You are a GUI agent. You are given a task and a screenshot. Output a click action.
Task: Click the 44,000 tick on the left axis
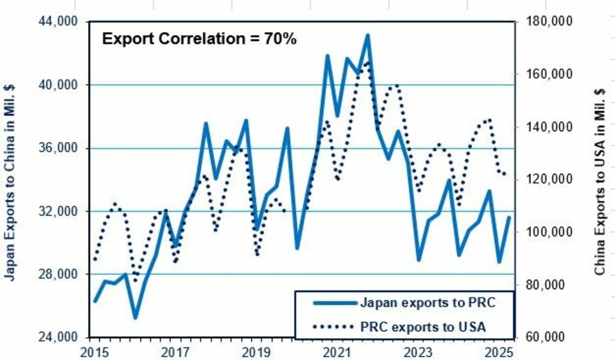click(x=59, y=22)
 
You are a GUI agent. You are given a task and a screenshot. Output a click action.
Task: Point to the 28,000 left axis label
click(x=59, y=274)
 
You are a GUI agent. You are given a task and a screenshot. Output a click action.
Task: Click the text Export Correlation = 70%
click(x=200, y=39)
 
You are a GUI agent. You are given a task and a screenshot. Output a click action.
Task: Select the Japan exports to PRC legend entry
click(x=426, y=302)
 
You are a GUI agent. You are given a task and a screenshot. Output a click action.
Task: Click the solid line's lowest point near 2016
click(x=135, y=317)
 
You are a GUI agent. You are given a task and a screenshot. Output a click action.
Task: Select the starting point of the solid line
click(x=95, y=301)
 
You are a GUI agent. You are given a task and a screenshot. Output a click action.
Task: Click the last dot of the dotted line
click(x=504, y=174)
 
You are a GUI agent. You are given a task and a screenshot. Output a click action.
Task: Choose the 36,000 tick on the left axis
click(x=59, y=148)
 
